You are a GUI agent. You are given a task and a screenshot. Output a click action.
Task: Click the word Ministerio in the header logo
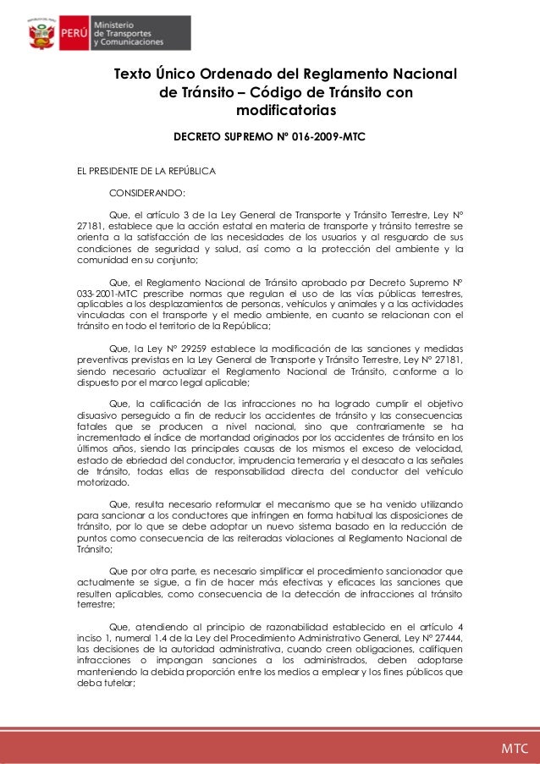118,27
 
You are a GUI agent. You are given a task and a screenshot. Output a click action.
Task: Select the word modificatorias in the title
286,111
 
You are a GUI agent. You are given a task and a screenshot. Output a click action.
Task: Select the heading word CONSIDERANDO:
147,194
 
